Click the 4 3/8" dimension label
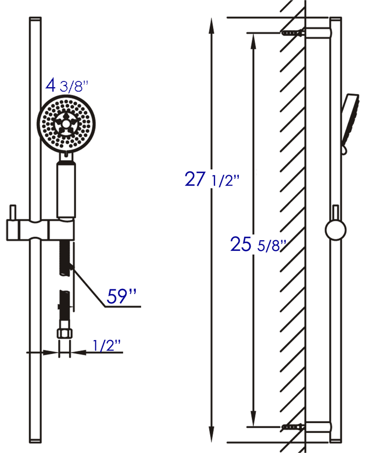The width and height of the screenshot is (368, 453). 67,86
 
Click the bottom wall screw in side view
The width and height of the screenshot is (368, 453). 292,427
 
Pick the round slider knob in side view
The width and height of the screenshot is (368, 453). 336,230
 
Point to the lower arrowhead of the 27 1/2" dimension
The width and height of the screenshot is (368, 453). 212,435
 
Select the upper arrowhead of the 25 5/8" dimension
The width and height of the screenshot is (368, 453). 253,41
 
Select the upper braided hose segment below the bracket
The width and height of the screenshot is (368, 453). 64,258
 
